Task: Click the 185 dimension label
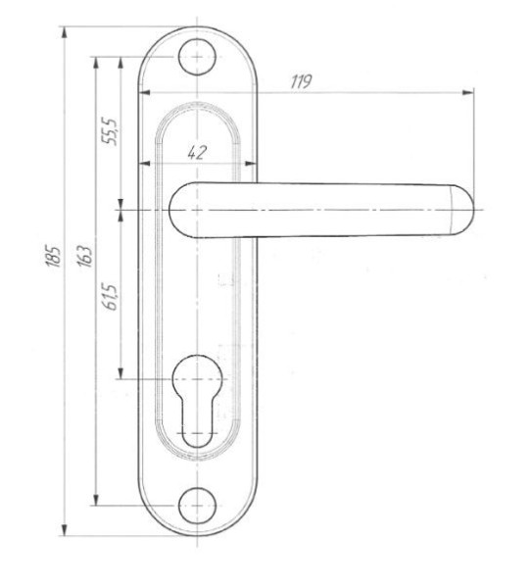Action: pyautogui.click(x=53, y=257)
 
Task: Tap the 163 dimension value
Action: pyautogui.click(x=84, y=256)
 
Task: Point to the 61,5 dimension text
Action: pyautogui.click(x=111, y=297)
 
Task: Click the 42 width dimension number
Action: pyautogui.click(x=197, y=152)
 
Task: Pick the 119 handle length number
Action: pyautogui.click(x=301, y=81)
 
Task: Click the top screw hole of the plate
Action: pyautogui.click(x=197, y=57)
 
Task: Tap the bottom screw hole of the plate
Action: pyautogui.click(x=197, y=506)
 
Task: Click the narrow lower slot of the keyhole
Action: pyautogui.click(x=197, y=423)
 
